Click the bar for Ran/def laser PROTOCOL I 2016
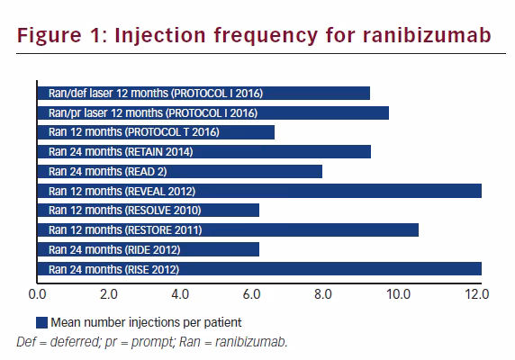point(203,94)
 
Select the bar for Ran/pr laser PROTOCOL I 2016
point(213,112)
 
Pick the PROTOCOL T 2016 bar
point(156,132)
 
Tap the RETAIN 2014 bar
point(204,151)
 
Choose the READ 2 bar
point(180,171)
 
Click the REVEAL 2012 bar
point(259,191)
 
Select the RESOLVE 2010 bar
point(149,211)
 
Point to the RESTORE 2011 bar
point(228,229)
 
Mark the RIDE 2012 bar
point(149,249)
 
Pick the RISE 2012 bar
point(259,269)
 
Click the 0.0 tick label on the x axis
point(37,294)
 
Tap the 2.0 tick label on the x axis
point(109,294)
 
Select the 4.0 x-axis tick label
point(180,294)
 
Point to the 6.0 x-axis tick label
point(251,294)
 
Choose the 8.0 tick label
point(323,294)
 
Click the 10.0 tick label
point(398,294)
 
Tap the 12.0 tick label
point(477,294)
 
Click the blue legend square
point(41,322)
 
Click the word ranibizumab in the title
point(427,35)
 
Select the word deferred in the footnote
point(75,342)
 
